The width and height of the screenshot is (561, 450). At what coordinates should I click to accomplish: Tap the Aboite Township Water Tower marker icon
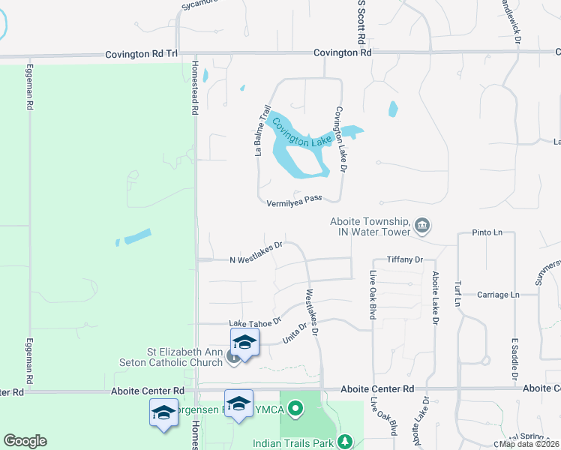pyautogui.click(x=422, y=225)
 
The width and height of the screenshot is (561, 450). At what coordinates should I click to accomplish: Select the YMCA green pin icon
pyautogui.click(x=295, y=409)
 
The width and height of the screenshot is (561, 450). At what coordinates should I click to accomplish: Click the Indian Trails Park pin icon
pyautogui.click(x=344, y=442)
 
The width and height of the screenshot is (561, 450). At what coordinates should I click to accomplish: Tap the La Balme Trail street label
pyautogui.click(x=262, y=130)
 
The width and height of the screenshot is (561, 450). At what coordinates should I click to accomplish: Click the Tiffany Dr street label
pyautogui.click(x=406, y=259)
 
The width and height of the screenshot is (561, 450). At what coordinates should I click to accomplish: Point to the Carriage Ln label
pyautogui.click(x=498, y=295)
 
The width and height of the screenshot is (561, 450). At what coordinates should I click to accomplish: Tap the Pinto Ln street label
pyautogui.click(x=487, y=233)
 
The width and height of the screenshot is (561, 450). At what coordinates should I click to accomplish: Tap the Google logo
pyautogui.click(x=25, y=440)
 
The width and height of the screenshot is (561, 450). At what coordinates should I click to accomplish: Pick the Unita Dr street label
pyautogui.click(x=295, y=332)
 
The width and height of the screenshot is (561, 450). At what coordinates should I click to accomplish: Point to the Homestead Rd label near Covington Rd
pyautogui.click(x=194, y=87)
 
